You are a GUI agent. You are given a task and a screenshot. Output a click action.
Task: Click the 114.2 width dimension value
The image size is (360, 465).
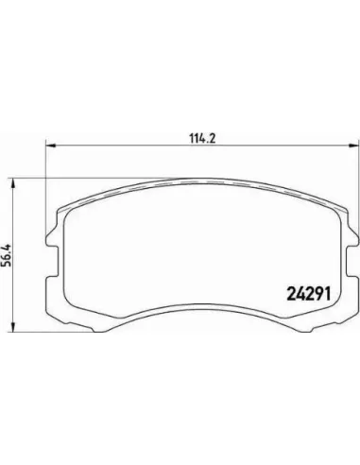(x=202, y=138)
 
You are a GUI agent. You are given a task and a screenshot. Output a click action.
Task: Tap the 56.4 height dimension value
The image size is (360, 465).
(x=7, y=255)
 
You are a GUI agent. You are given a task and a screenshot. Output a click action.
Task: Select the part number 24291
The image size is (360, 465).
(x=308, y=294)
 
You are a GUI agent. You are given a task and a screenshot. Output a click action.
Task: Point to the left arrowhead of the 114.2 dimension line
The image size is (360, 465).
(x=51, y=146)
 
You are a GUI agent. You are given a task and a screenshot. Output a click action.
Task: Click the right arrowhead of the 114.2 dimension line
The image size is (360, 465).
(x=354, y=146)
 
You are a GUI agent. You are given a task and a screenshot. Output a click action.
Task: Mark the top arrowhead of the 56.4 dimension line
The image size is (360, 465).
(x=13, y=183)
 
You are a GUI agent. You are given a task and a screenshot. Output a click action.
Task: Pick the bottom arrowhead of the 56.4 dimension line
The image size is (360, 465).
(x=13, y=327)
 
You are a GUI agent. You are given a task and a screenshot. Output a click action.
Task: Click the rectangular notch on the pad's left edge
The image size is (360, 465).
(x=54, y=257)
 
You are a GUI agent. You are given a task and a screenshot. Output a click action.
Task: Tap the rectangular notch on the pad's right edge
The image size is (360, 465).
(x=351, y=257)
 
